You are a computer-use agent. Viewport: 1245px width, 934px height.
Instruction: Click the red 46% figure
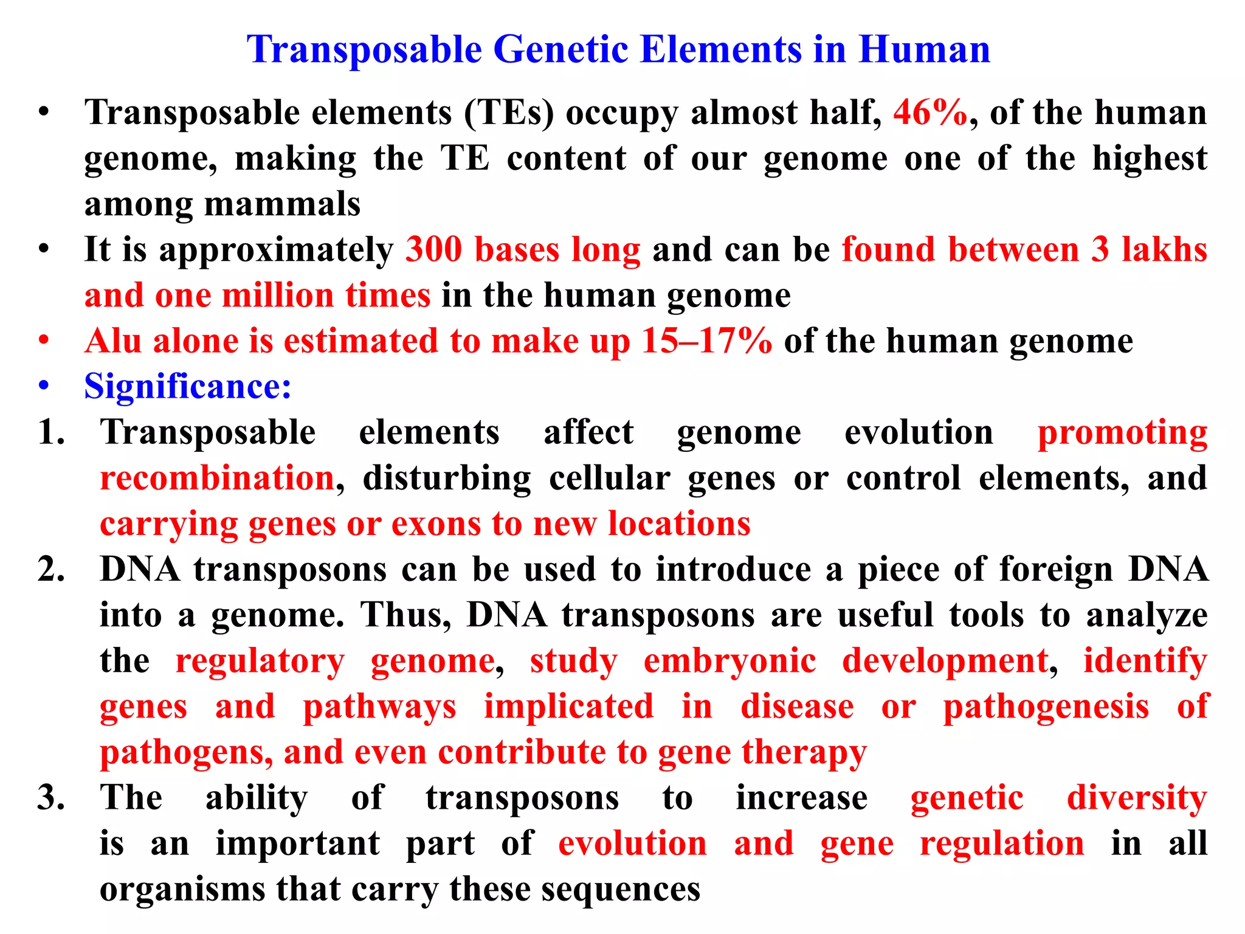click(x=930, y=112)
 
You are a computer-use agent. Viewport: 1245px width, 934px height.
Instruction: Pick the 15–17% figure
click(x=706, y=341)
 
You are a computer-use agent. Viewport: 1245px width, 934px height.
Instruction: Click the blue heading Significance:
click(x=188, y=387)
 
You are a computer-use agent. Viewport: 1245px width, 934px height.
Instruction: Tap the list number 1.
click(x=50, y=433)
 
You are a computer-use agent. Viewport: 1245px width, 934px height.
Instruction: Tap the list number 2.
click(x=50, y=570)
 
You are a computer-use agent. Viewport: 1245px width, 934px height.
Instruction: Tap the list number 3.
click(x=50, y=798)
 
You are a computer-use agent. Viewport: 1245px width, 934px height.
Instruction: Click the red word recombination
click(x=217, y=479)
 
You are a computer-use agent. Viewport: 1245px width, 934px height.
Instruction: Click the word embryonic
click(x=729, y=661)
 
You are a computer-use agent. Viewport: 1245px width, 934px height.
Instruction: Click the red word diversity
click(x=1136, y=798)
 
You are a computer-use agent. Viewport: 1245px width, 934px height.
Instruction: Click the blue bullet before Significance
click(x=43, y=387)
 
